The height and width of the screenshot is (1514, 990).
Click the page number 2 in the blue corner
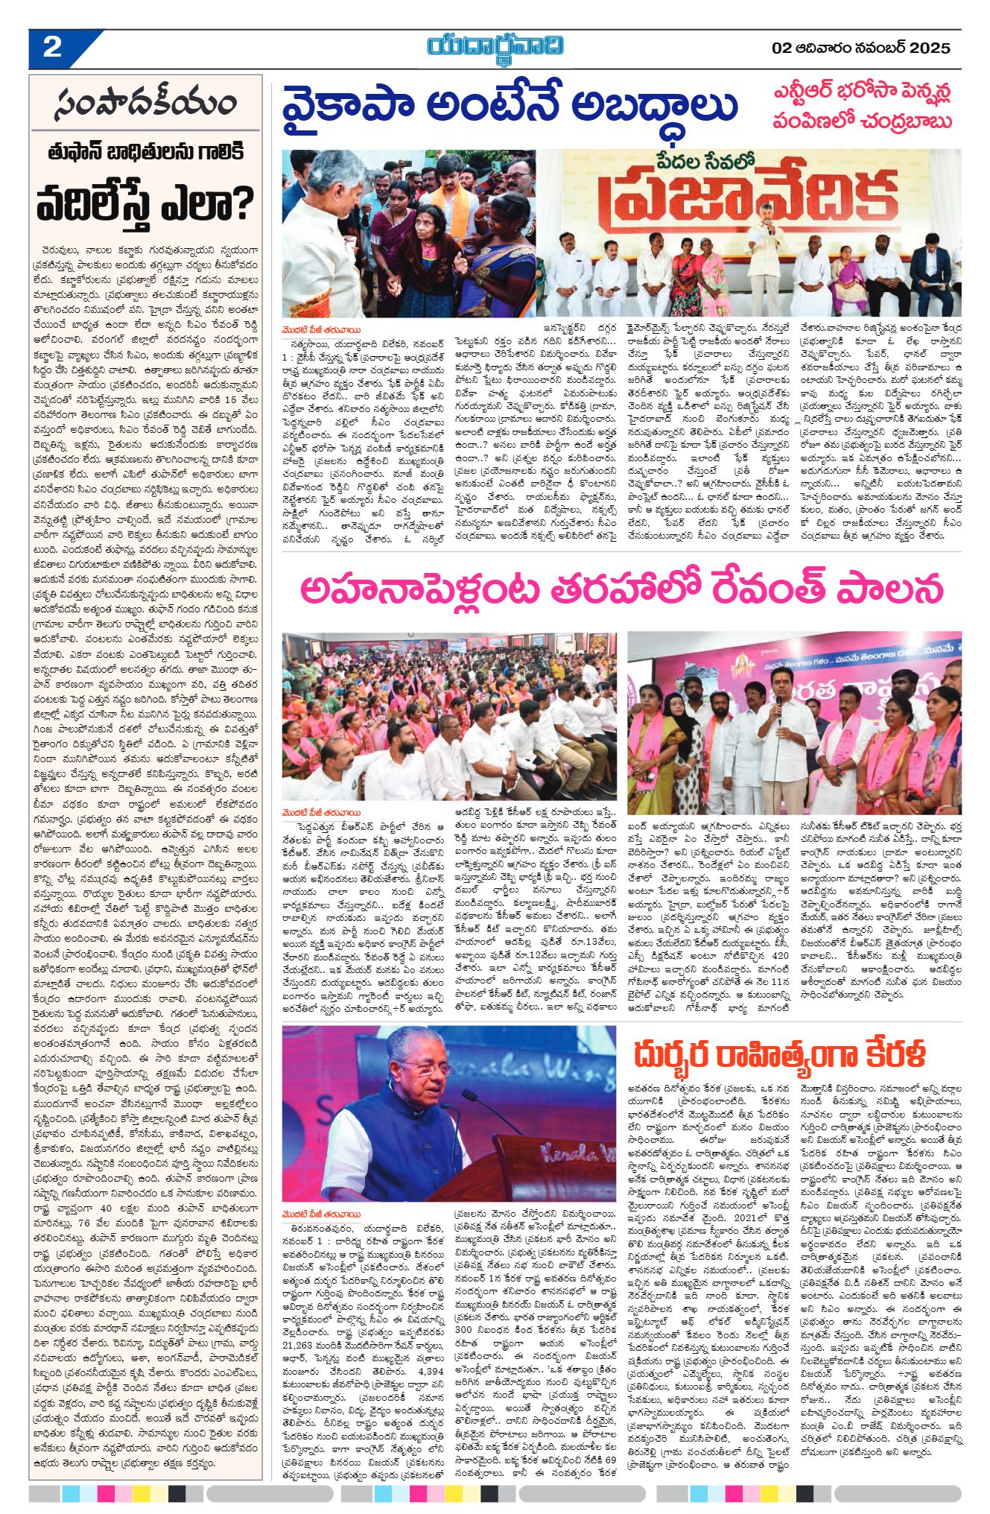[x=52, y=48]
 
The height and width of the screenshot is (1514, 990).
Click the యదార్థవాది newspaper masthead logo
[x=495, y=46]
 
